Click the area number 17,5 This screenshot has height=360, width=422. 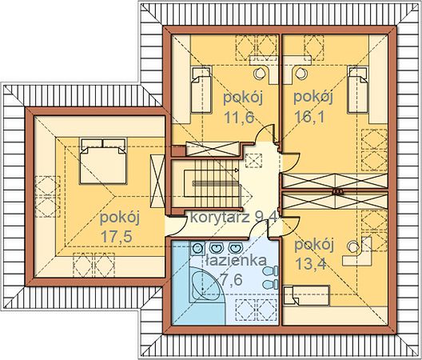tap(116, 236)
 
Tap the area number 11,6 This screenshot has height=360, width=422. tap(239, 118)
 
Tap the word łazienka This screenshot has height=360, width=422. tap(236, 260)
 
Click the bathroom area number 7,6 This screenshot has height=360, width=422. tap(231, 279)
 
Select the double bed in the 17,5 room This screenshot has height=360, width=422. tap(103, 161)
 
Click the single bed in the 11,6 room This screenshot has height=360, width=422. tap(201, 90)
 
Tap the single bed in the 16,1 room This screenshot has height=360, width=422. tap(358, 90)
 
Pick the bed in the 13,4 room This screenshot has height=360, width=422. tap(307, 295)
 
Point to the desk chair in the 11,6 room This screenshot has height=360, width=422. tap(260, 74)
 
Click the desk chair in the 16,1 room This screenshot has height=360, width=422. tap(301, 73)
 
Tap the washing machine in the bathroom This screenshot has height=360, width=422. tap(197, 248)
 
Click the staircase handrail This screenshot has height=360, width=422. tap(216, 183)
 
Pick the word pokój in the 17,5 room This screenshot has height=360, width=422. tap(120, 218)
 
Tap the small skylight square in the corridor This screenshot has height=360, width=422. tap(253, 161)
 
